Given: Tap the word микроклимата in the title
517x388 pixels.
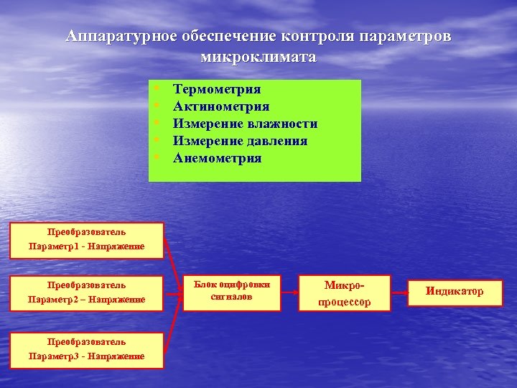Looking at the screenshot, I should point(258,57).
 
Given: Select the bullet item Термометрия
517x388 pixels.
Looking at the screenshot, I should point(217,89).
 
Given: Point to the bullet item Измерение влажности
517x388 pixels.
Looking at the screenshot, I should point(245,124).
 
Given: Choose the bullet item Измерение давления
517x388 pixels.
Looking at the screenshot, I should point(240,141).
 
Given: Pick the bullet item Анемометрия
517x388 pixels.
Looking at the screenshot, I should point(218,158).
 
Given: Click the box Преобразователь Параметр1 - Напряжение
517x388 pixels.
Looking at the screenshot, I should point(86,240).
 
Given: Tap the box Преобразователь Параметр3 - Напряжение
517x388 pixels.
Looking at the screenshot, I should point(86,349).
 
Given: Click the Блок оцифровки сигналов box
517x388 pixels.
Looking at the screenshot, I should point(231,291).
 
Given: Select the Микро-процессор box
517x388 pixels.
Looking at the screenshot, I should point(345,293).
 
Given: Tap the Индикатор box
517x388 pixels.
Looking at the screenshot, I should point(454,292).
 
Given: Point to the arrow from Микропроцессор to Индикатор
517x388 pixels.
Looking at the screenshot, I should point(399,292).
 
